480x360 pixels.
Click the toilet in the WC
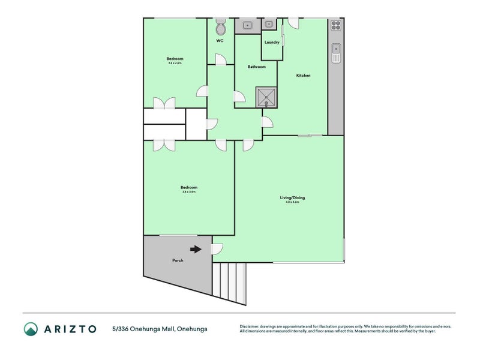coord(220,28)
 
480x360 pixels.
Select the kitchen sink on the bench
coord(336,53)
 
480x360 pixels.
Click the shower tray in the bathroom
coord(266,97)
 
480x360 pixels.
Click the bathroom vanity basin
coord(247,26)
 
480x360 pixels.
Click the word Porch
coord(178,260)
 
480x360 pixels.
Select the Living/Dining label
coord(292,197)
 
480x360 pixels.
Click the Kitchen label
coord(303,76)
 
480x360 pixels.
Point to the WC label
coord(220,41)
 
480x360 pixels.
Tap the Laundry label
coord(272,43)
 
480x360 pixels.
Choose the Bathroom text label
coord(256,67)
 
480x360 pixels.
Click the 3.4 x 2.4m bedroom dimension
coord(174,62)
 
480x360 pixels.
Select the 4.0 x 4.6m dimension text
coord(292,202)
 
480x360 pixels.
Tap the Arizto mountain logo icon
coord(31,329)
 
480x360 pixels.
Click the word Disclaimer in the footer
coord(251,326)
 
